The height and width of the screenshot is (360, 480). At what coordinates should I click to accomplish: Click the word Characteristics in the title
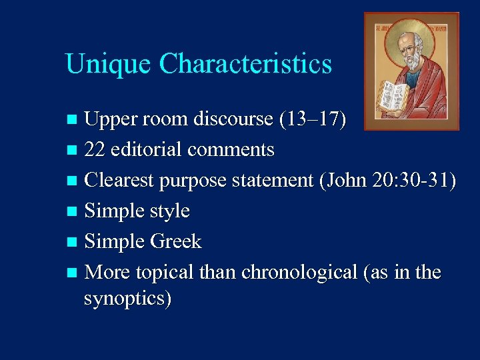(x=245, y=64)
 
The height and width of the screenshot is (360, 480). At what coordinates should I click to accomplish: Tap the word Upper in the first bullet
(x=113, y=120)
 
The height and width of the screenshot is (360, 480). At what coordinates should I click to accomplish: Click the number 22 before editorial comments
(x=96, y=150)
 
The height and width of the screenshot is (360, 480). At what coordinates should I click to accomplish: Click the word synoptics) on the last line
(x=128, y=299)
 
